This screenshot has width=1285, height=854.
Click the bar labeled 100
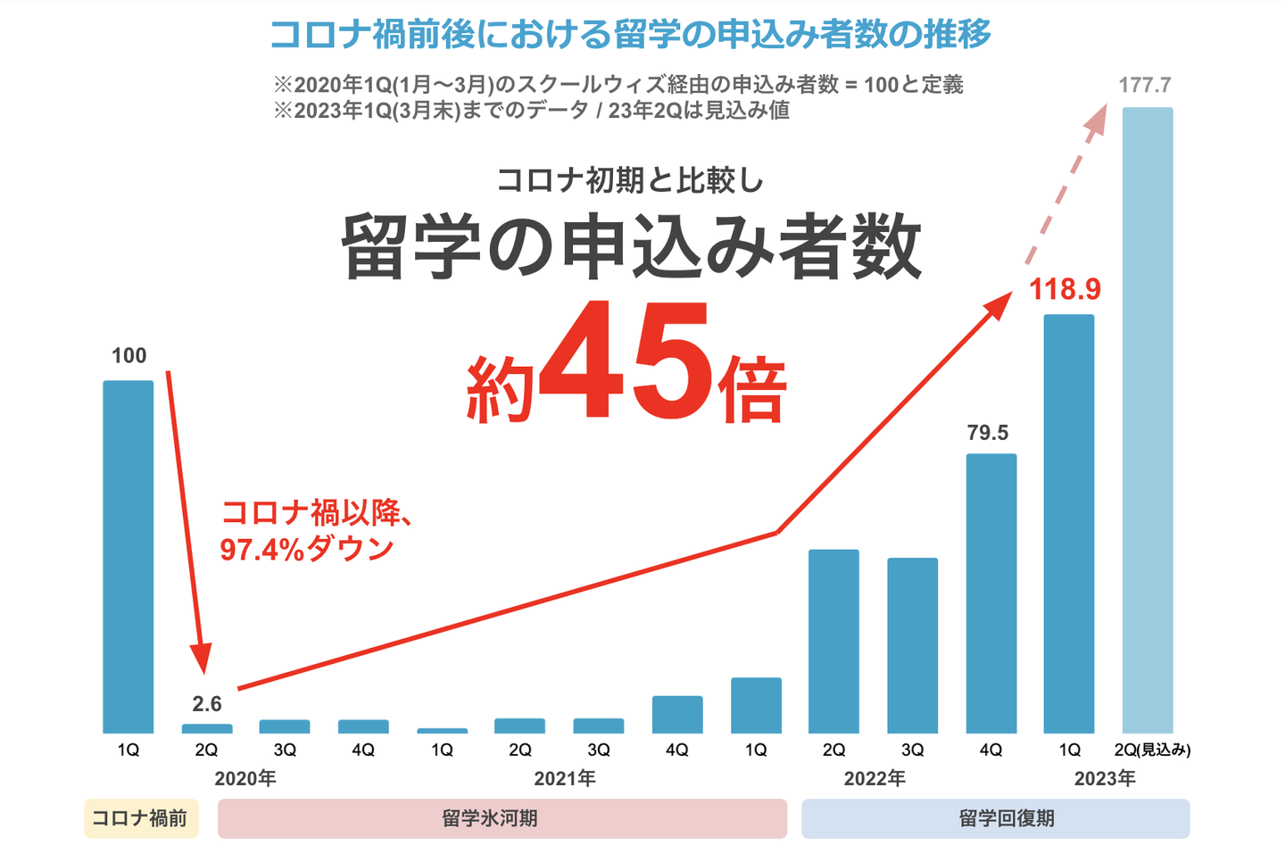[x=128, y=557]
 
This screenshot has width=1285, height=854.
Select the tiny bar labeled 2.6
[x=207, y=728]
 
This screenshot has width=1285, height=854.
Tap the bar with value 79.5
[x=991, y=593]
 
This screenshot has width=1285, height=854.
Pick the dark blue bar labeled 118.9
[x=1069, y=524]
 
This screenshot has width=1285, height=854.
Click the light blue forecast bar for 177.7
[x=1148, y=420]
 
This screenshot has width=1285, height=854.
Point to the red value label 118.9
[x=1065, y=290]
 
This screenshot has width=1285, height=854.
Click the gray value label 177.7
[x=1145, y=86]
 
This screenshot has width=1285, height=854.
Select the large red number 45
[x=626, y=361]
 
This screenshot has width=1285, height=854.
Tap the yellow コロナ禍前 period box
[x=141, y=818]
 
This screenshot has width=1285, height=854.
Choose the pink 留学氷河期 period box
[x=502, y=818]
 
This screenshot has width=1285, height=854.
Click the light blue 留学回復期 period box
[x=995, y=818]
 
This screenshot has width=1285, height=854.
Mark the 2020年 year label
[x=245, y=779]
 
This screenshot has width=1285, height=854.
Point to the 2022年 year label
[x=875, y=779]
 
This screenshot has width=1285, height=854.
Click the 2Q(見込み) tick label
[x=1152, y=750]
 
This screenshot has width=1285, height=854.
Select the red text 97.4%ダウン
[x=306, y=549]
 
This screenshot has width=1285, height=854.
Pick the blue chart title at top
[x=630, y=35]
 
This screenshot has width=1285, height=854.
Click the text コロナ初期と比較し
[x=630, y=180]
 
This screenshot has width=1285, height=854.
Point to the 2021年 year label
[x=565, y=779]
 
